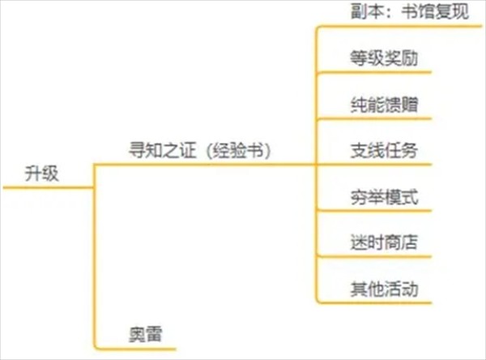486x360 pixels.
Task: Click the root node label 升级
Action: [x=41, y=173]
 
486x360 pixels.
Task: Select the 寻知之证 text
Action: [x=154, y=150]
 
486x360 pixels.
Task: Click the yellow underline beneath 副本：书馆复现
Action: [x=397, y=28]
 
